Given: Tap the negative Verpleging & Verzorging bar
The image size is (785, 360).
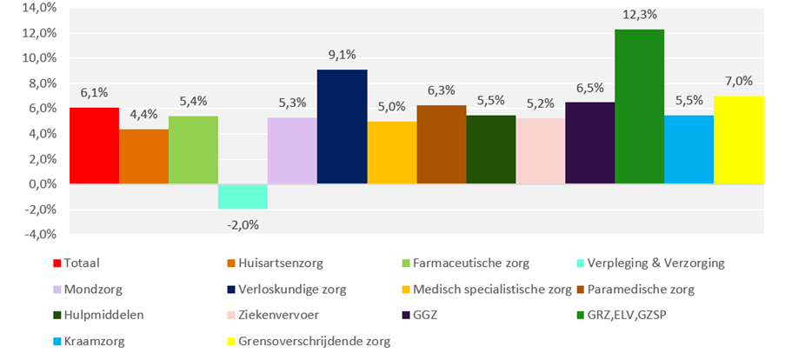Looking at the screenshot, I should point(243,197).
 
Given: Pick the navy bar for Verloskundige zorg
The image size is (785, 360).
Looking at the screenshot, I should point(342,127).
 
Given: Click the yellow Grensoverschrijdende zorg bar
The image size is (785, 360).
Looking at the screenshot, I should point(738,140).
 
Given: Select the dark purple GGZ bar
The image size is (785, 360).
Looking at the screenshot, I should point(589,143).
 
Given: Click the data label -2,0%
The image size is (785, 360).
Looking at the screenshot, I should point(243,224).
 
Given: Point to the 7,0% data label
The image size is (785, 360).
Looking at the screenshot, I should point(738,81).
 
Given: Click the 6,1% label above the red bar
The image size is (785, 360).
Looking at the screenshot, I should point(94,92).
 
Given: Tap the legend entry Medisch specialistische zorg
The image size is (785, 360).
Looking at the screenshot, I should point(492,289).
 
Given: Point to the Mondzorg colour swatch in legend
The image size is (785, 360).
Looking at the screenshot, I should point(57,289).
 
